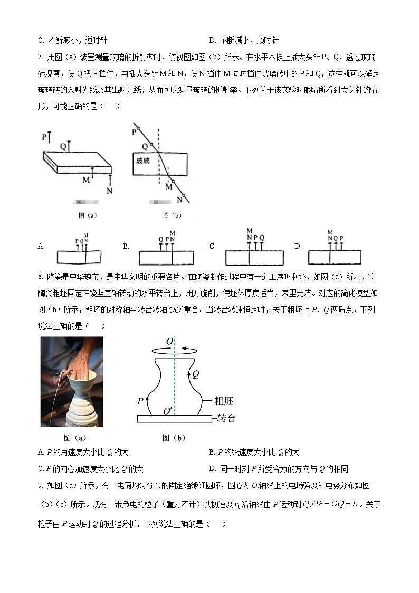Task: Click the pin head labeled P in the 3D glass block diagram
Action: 50,134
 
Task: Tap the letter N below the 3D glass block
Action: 109,191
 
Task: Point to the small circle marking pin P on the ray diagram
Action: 139,128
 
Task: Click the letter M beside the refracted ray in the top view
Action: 168,186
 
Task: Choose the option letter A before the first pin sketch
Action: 41,247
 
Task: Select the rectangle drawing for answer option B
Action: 166,258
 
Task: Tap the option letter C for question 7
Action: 212,247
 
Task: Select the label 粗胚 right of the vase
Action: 224,401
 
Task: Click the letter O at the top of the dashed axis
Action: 169,342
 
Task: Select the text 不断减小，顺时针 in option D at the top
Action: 249,40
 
